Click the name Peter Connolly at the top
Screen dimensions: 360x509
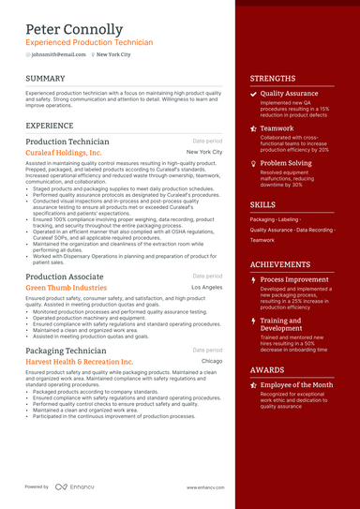click(x=74, y=29)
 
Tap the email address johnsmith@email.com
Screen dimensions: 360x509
click(x=57, y=54)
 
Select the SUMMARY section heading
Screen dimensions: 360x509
click(x=45, y=78)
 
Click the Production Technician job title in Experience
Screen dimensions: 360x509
click(x=67, y=142)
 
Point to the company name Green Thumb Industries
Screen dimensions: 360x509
click(x=66, y=288)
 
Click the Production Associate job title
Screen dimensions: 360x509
click(x=64, y=277)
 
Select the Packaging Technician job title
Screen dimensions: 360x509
click(x=66, y=351)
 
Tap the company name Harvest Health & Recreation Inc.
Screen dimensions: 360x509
click(x=80, y=361)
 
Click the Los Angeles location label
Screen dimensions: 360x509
click(x=206, y=288)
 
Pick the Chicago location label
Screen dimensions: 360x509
click(x=211, y=361)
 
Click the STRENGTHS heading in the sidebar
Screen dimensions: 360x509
click(x=272, y=79)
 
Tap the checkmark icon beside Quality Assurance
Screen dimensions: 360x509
click(x=253, y=95)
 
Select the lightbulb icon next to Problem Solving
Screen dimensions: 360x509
click(x=253, y=163)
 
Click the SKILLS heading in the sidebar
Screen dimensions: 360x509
click(x=262, y=204)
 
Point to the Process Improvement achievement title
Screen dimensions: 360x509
click(x=294, y=279)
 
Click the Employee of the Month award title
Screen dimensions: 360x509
click(x=296, y=385)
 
